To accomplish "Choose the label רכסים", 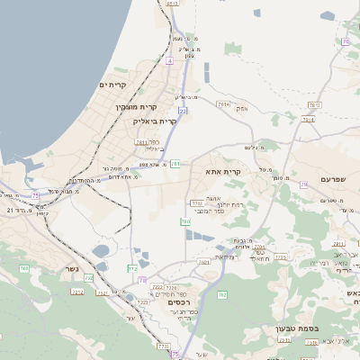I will pyautogui.click(x=180, y=302).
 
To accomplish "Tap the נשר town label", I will pyautogui.click(x=72, y=268).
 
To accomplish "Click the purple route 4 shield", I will pyautogui.click(x=169, y=60).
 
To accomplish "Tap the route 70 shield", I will pyautogui.click(x=345, y=41).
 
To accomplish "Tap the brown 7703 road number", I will pyautogui.click(x=196, y=203).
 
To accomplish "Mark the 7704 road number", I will pyautogui.click(x=259, y=246).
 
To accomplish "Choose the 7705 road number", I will pyautogui.click(x=280, y=257).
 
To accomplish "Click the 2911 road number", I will pyautogui.click(x=338, y=243).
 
